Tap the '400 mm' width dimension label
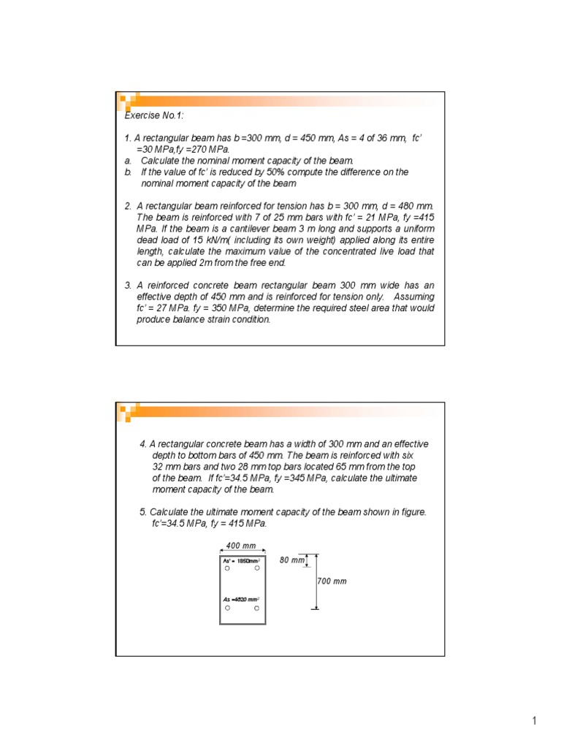pos(242,545)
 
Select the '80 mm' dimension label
pos(291,560)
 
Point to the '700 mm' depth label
pos(332,581)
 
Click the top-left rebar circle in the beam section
pos(228,568)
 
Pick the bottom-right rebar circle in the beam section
pos(256,608)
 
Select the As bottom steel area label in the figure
pos(242,599)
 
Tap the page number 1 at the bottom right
pos(534,722)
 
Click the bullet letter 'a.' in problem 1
pos(128,161)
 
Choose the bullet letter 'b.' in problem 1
pos(128,172)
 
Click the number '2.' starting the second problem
pos(128,206)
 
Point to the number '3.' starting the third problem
pos(128,286)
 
